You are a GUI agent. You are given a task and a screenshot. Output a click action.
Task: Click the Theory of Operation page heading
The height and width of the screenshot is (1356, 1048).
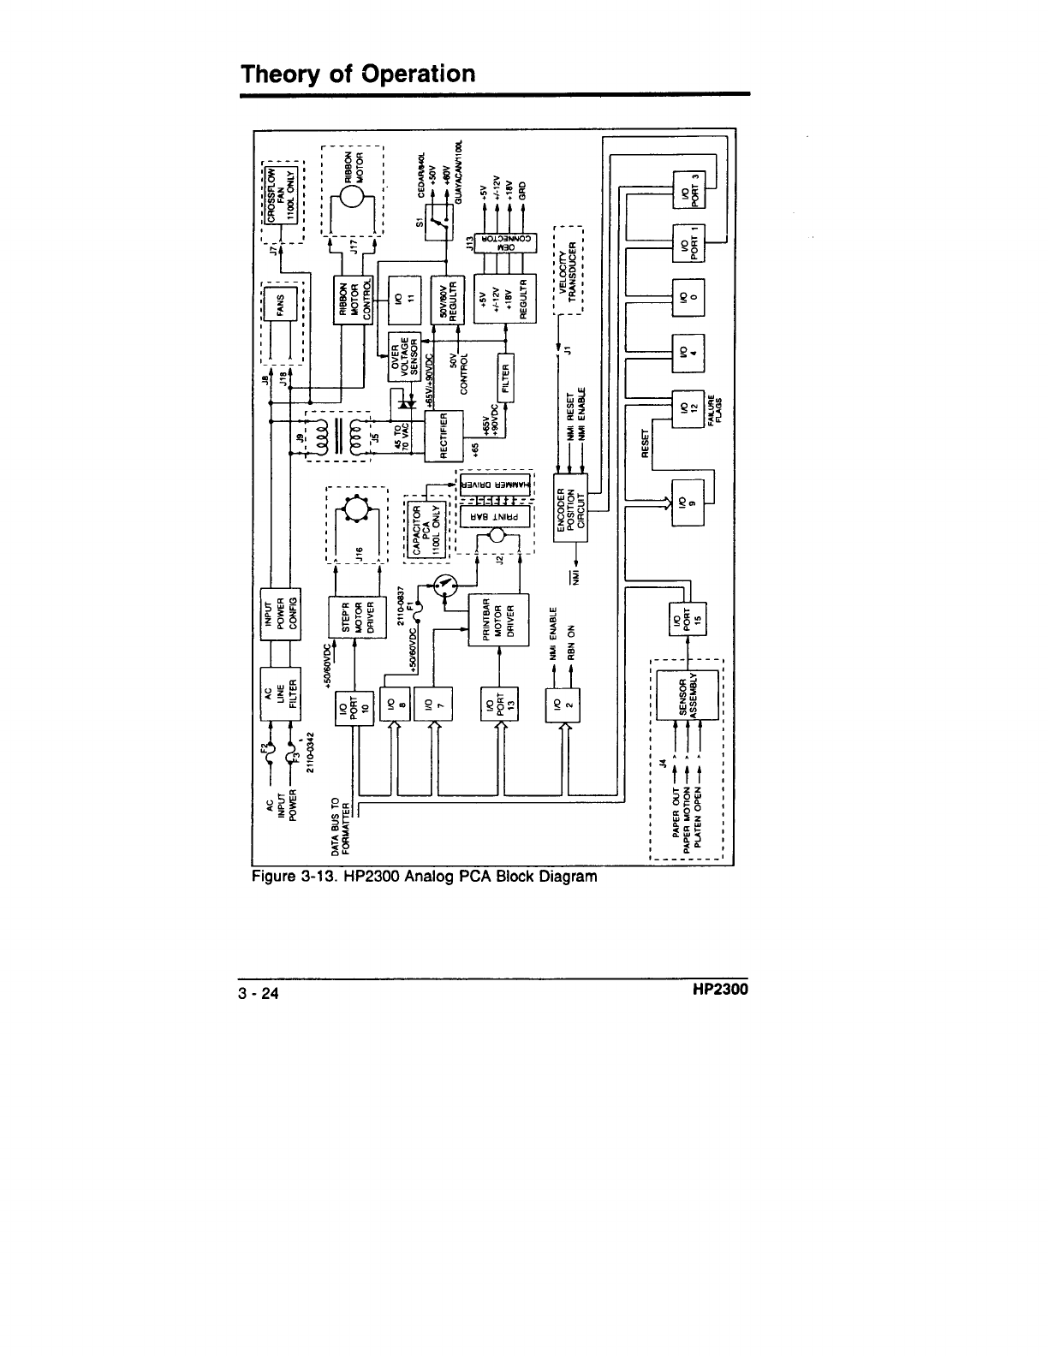pyautogui.click(x=358, y=74)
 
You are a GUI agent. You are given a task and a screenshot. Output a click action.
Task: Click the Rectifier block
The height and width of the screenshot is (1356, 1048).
pyautogui.click(x=444, y=435)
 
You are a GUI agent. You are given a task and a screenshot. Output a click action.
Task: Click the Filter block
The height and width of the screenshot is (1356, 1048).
pyautogui.click(x=505, y=375)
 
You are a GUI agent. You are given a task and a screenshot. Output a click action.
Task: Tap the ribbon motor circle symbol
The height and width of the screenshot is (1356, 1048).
pyautogui.click(x=353, y=197)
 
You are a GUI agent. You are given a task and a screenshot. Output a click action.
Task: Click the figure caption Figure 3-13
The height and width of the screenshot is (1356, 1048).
pyautogui.click(x=423, y=877)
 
